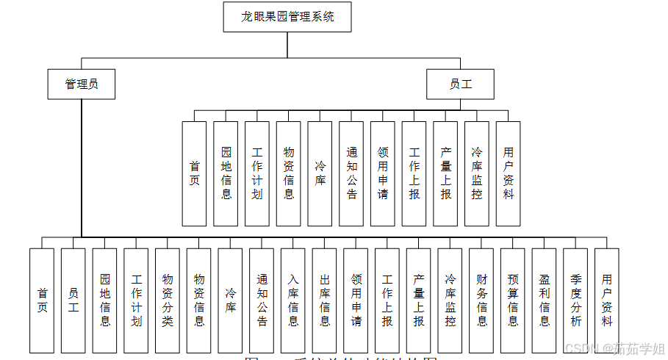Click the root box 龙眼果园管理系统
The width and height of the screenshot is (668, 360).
pos(287,17)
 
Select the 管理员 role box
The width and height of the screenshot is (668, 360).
pos(81,84)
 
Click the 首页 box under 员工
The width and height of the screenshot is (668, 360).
pos(195,173)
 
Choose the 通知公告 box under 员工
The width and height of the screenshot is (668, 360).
pos(351,173)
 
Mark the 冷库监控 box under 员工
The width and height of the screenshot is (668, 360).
pos(477,173)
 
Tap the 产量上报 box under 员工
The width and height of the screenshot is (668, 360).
pos(445,173)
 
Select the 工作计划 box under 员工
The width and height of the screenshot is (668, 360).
pos(257,173)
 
